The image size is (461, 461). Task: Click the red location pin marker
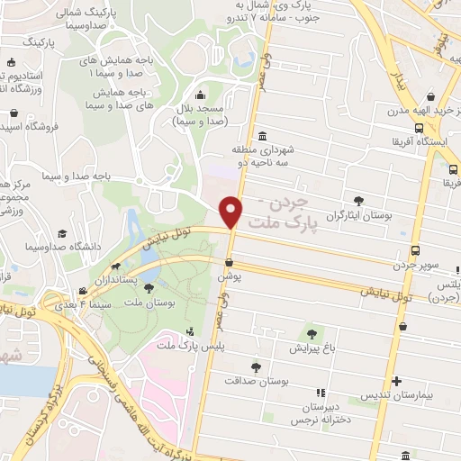point(231,212)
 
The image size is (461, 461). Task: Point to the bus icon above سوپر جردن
point(415,250)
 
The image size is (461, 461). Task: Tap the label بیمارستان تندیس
point(398,395)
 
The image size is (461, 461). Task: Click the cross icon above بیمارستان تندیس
point(397,380)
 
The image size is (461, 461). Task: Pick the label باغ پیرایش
point(312,347)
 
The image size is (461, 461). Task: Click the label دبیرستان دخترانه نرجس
point(320,411)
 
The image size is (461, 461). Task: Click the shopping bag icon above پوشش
point(230,263)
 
